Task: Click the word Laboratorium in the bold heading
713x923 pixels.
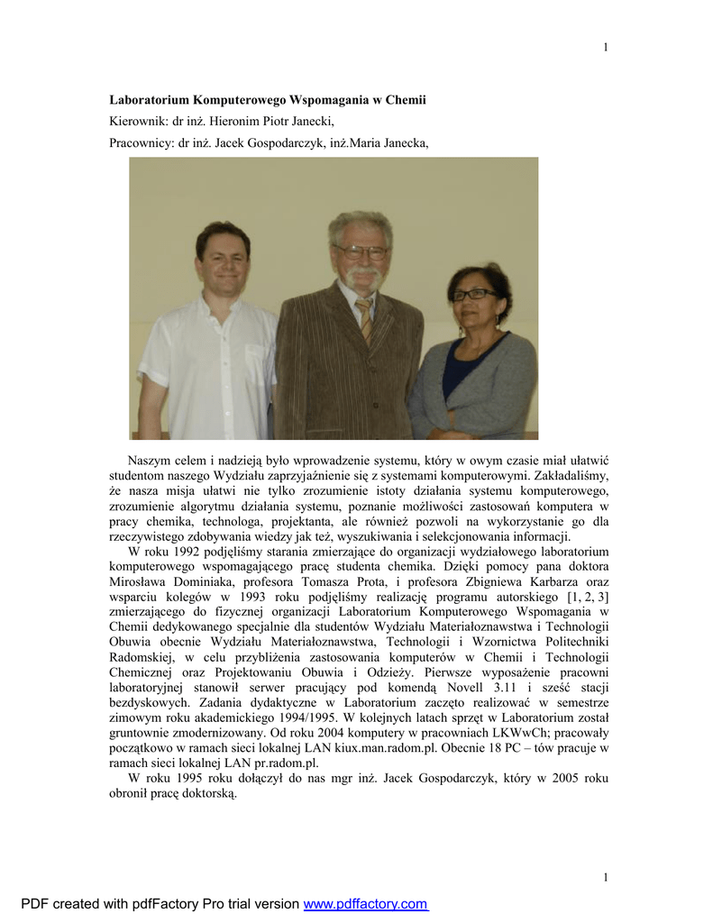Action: [x=150, y=100]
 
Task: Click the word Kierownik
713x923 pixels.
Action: [x=138, y=121]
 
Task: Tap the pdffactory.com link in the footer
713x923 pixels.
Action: [x=365, y=904]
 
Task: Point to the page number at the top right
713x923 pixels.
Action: [x=606, y=48]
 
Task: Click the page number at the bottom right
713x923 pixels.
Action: [x=606, y=877]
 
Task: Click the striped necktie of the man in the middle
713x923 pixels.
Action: [x=364, y=319]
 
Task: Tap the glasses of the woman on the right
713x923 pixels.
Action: [x=473, y=294]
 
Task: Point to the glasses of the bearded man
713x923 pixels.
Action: [x=361, y=252]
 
